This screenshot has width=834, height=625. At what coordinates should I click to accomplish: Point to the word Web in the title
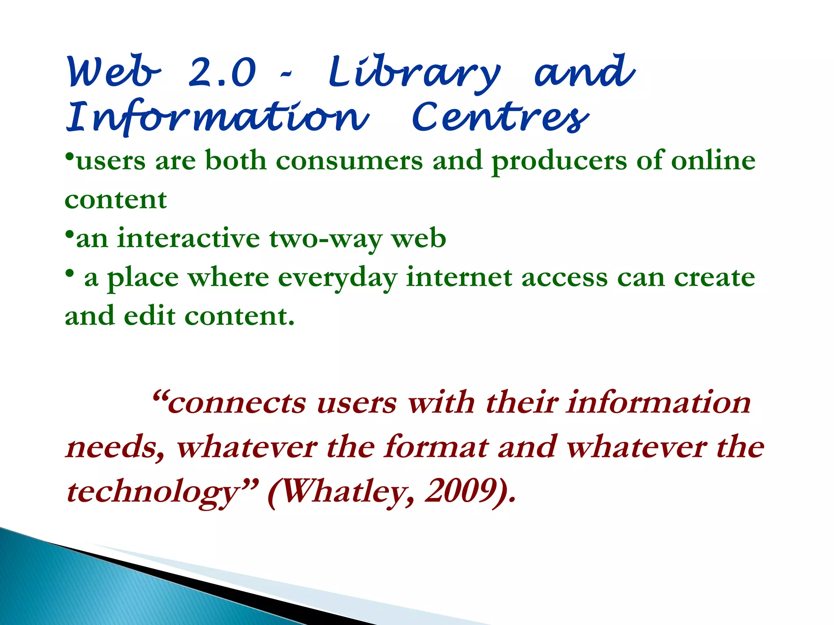click(114, 72)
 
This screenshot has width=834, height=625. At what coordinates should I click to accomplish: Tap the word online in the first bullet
click(713, 160)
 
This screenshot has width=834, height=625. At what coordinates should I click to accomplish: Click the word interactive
click(188, 238)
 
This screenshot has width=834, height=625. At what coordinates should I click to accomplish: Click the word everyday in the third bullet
click(338, 278)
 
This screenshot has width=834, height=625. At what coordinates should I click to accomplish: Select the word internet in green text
click(459, 278)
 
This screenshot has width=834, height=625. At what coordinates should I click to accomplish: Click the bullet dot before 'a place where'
click(70, 273)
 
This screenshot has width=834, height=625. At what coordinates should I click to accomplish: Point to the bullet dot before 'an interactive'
click(70, 235)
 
